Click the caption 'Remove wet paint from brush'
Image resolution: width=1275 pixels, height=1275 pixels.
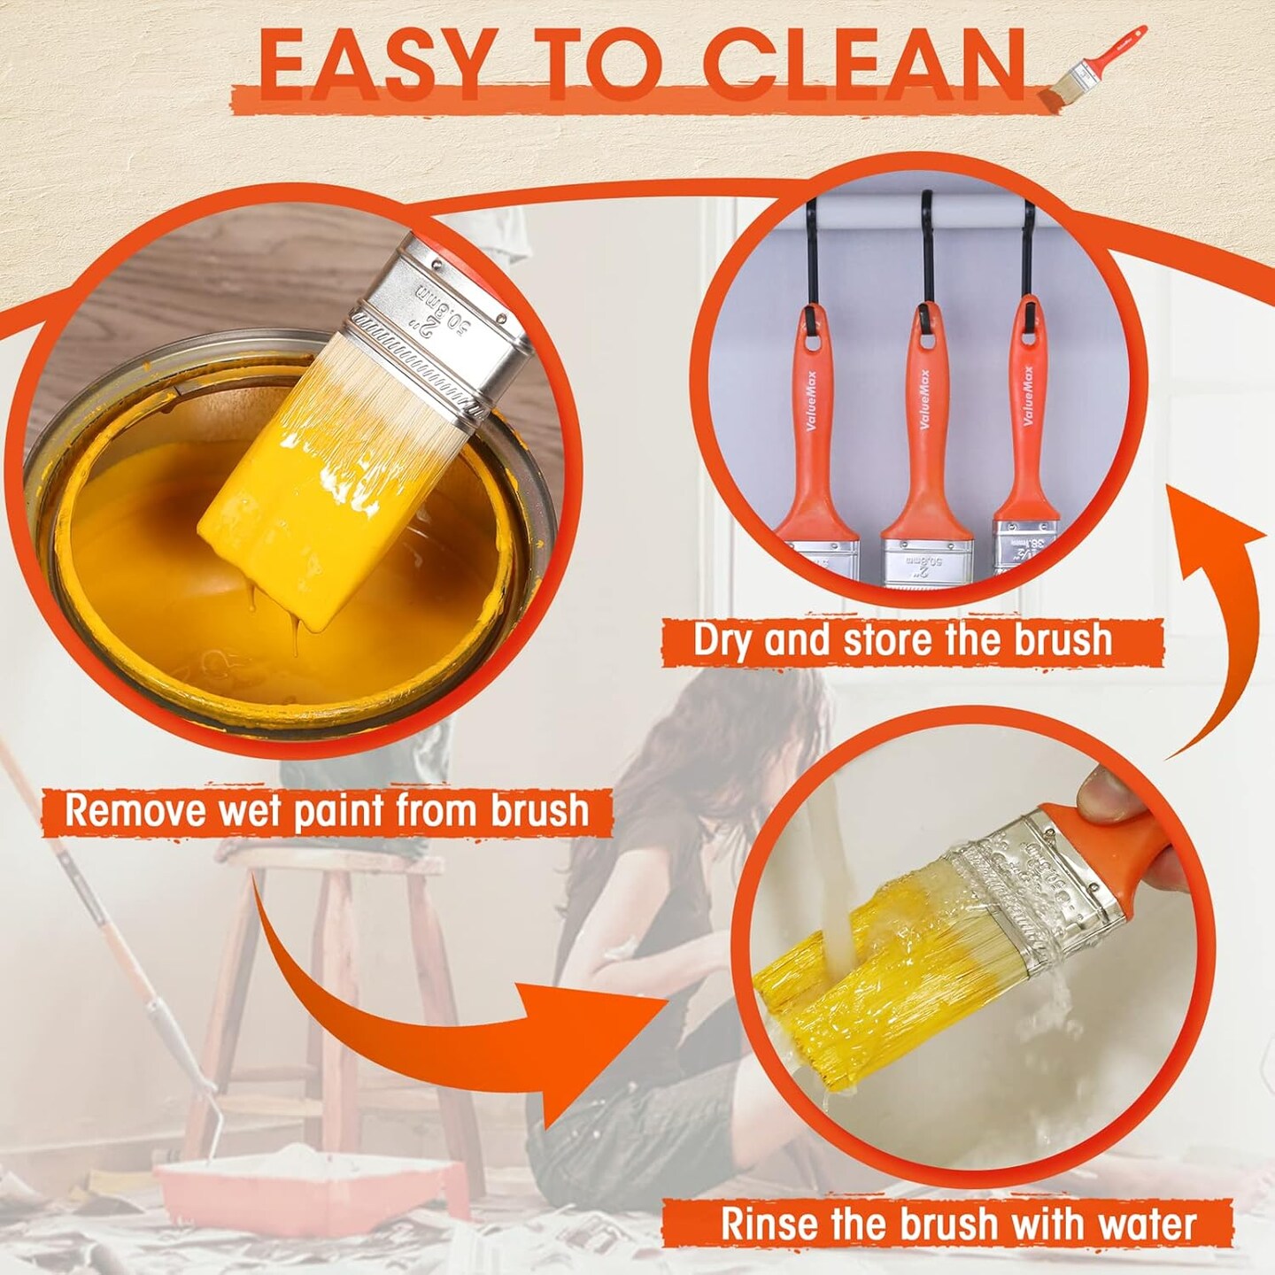(327, 811)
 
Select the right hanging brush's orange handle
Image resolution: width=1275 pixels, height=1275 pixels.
(1026, 416)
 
